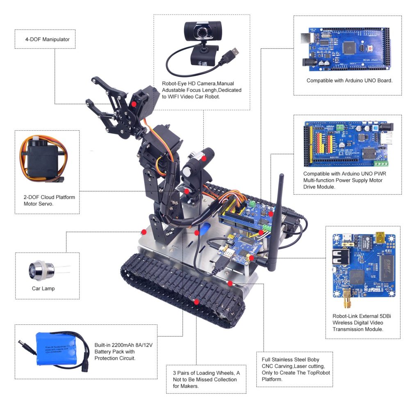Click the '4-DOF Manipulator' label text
point(47,40)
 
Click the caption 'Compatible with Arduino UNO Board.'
point(349,81)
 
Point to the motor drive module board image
point(347,140)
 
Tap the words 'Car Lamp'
point(43,288)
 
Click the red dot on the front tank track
point(196,302)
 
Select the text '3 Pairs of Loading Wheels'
point(203,373)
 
